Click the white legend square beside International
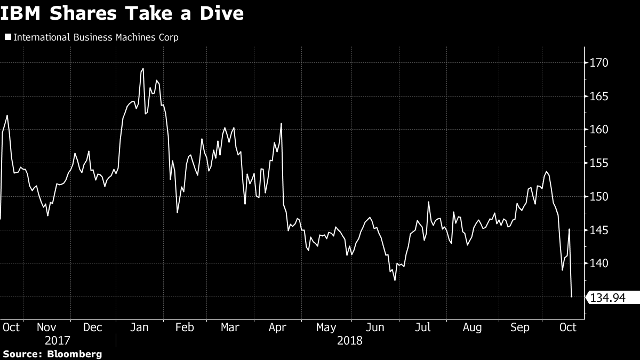[x=7, y=37]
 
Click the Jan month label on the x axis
[x=139, y=327]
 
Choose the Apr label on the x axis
[x=277, y=327]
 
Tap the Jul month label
[x=423, y=327]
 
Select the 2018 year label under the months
[x=349, y=340]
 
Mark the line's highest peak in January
[x=143, y=69]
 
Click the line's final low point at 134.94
[x=572, y=297]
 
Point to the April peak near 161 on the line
[x=281, y=124]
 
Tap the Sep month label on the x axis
[x=519, y=327]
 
